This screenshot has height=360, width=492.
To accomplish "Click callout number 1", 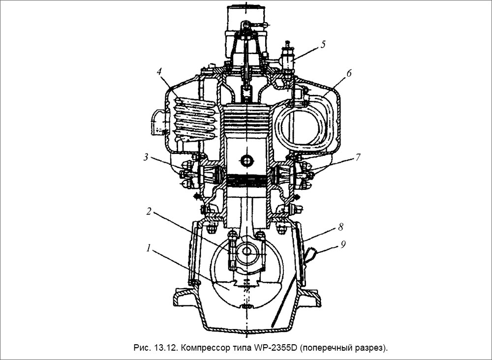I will coord(148,249).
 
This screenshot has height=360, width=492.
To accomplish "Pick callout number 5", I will coord(323,44).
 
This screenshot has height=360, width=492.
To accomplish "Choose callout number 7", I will coord(358,157).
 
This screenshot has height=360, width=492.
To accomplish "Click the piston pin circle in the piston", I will coord(246,160).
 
